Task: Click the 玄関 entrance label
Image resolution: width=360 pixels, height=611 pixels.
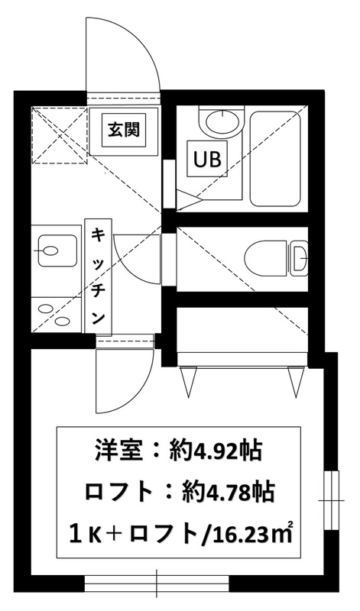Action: click(x=123, y=130)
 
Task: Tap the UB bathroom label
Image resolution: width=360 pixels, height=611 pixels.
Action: click(x=206, y=159)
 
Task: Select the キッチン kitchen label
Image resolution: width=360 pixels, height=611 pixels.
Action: click(x=99, y=276)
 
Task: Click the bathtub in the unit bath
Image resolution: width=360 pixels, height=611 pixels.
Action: click(x=275, y=158)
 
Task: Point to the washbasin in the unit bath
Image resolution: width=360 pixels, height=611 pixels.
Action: click(x=221, y=122)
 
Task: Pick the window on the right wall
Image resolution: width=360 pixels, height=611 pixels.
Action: click(x=331, y=500)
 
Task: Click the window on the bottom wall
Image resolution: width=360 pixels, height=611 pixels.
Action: click(x=157, y=584)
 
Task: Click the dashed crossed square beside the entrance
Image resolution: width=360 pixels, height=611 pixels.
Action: click(x=60, y=136)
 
